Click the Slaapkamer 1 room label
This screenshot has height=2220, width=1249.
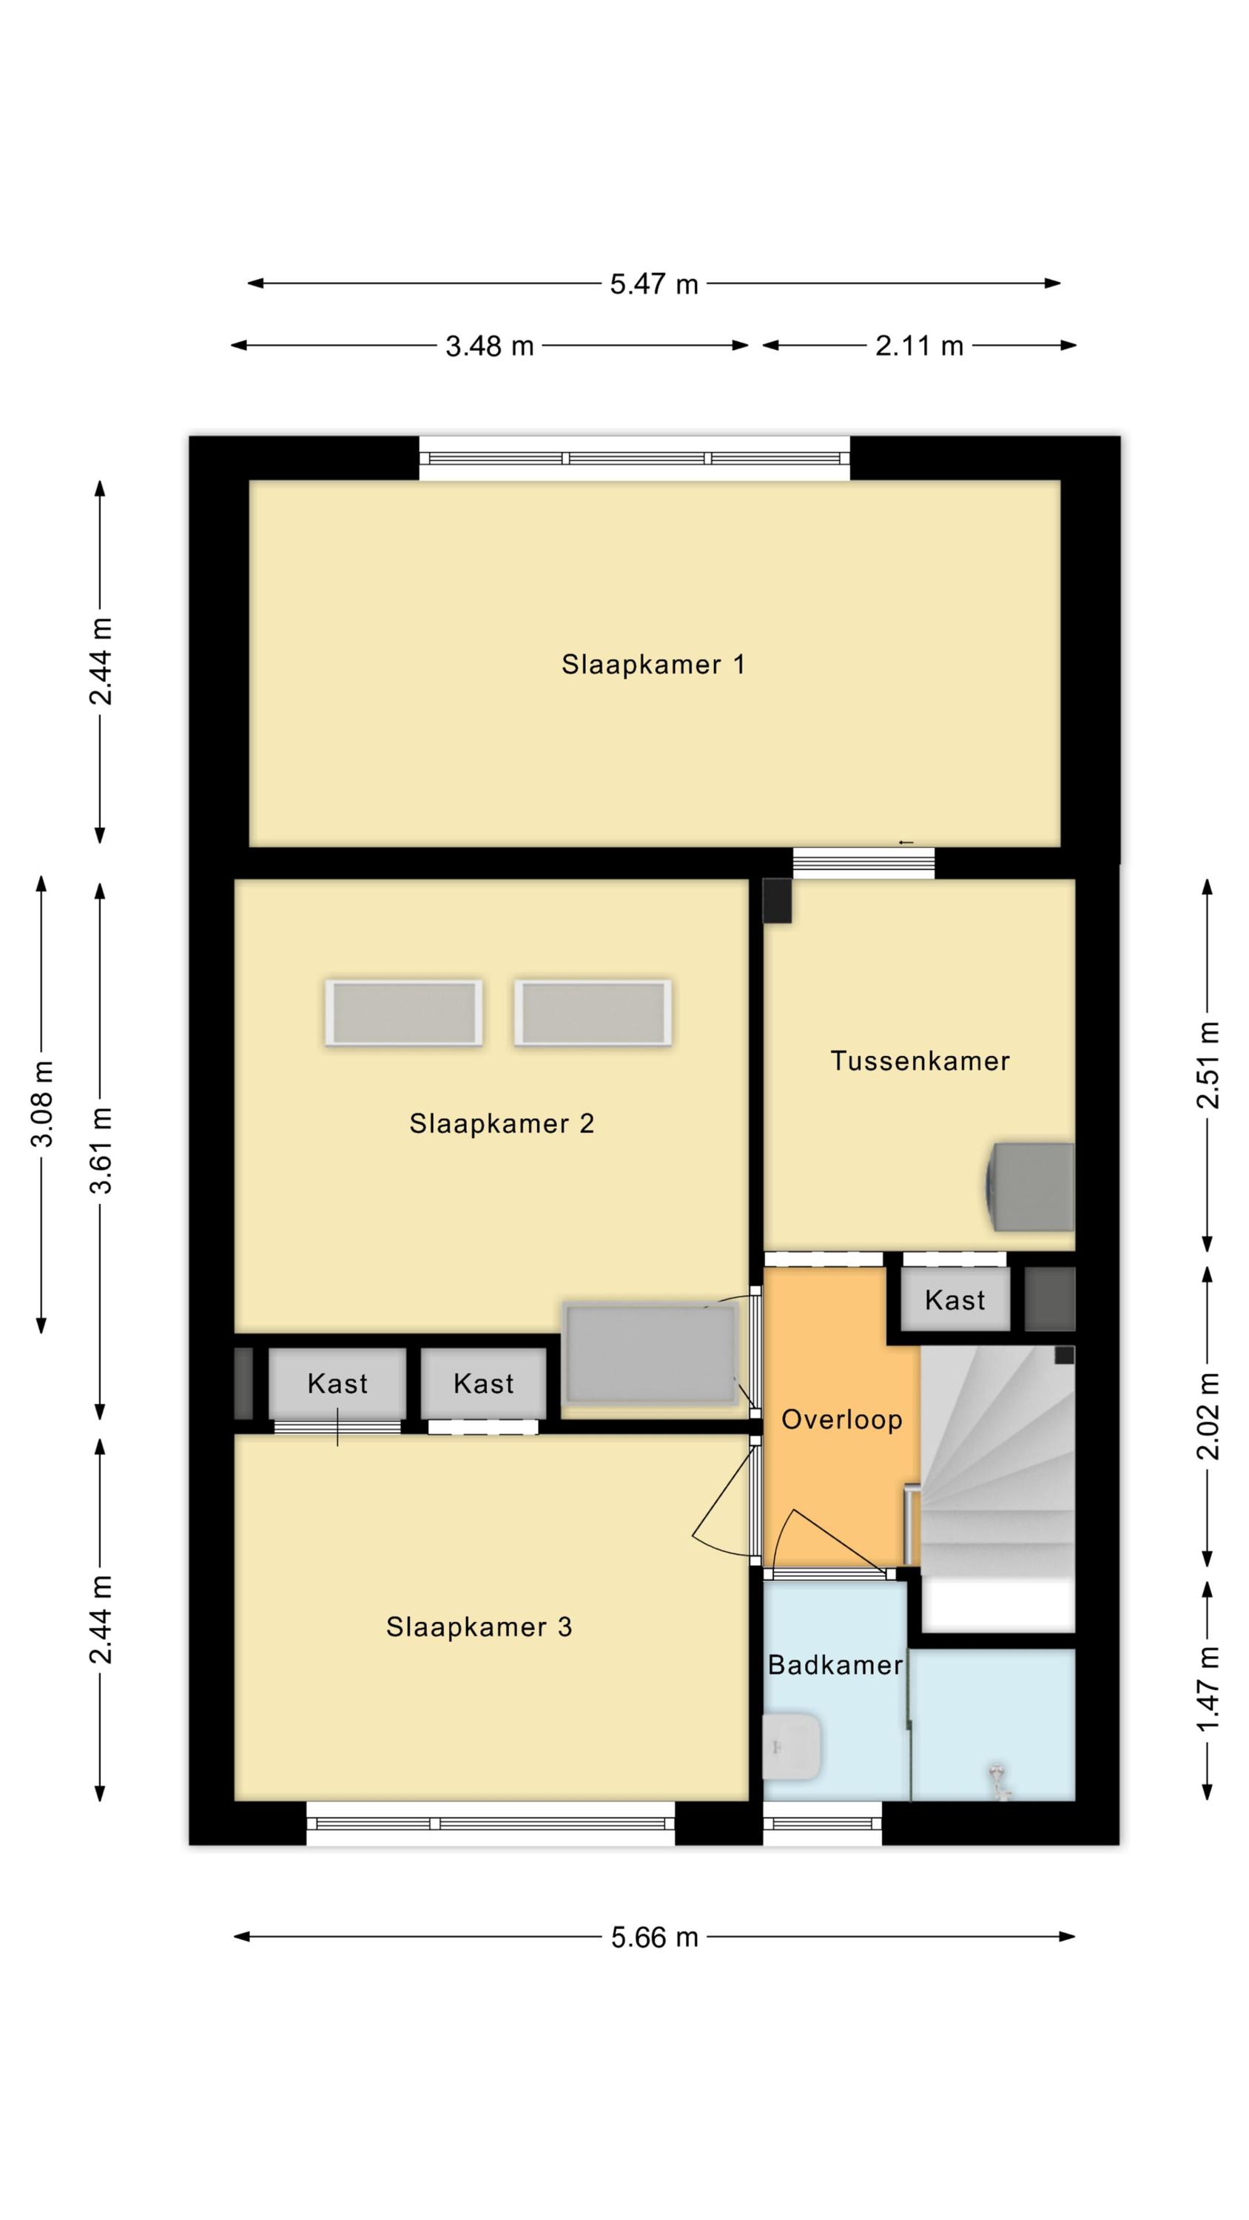(653, 665)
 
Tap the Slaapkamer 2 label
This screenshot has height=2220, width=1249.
(502, 1124)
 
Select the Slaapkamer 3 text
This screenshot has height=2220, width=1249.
(479, 1627)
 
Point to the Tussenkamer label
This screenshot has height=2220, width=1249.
(920, 1061)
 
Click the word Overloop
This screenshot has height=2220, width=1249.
(841, 1419)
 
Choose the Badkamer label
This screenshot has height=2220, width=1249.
(835, 1665)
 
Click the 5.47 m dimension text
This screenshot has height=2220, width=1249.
(653, 283)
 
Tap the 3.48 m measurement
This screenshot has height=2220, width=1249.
(489, 346)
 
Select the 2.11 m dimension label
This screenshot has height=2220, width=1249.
(919, 346)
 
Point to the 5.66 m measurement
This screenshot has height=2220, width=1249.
(654, 1937)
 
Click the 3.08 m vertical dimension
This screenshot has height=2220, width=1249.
(42, 1104)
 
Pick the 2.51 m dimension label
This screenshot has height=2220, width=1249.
(1208, 1064)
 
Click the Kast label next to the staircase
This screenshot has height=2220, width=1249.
(955, 1299)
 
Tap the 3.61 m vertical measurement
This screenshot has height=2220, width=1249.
(101, 1150)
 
